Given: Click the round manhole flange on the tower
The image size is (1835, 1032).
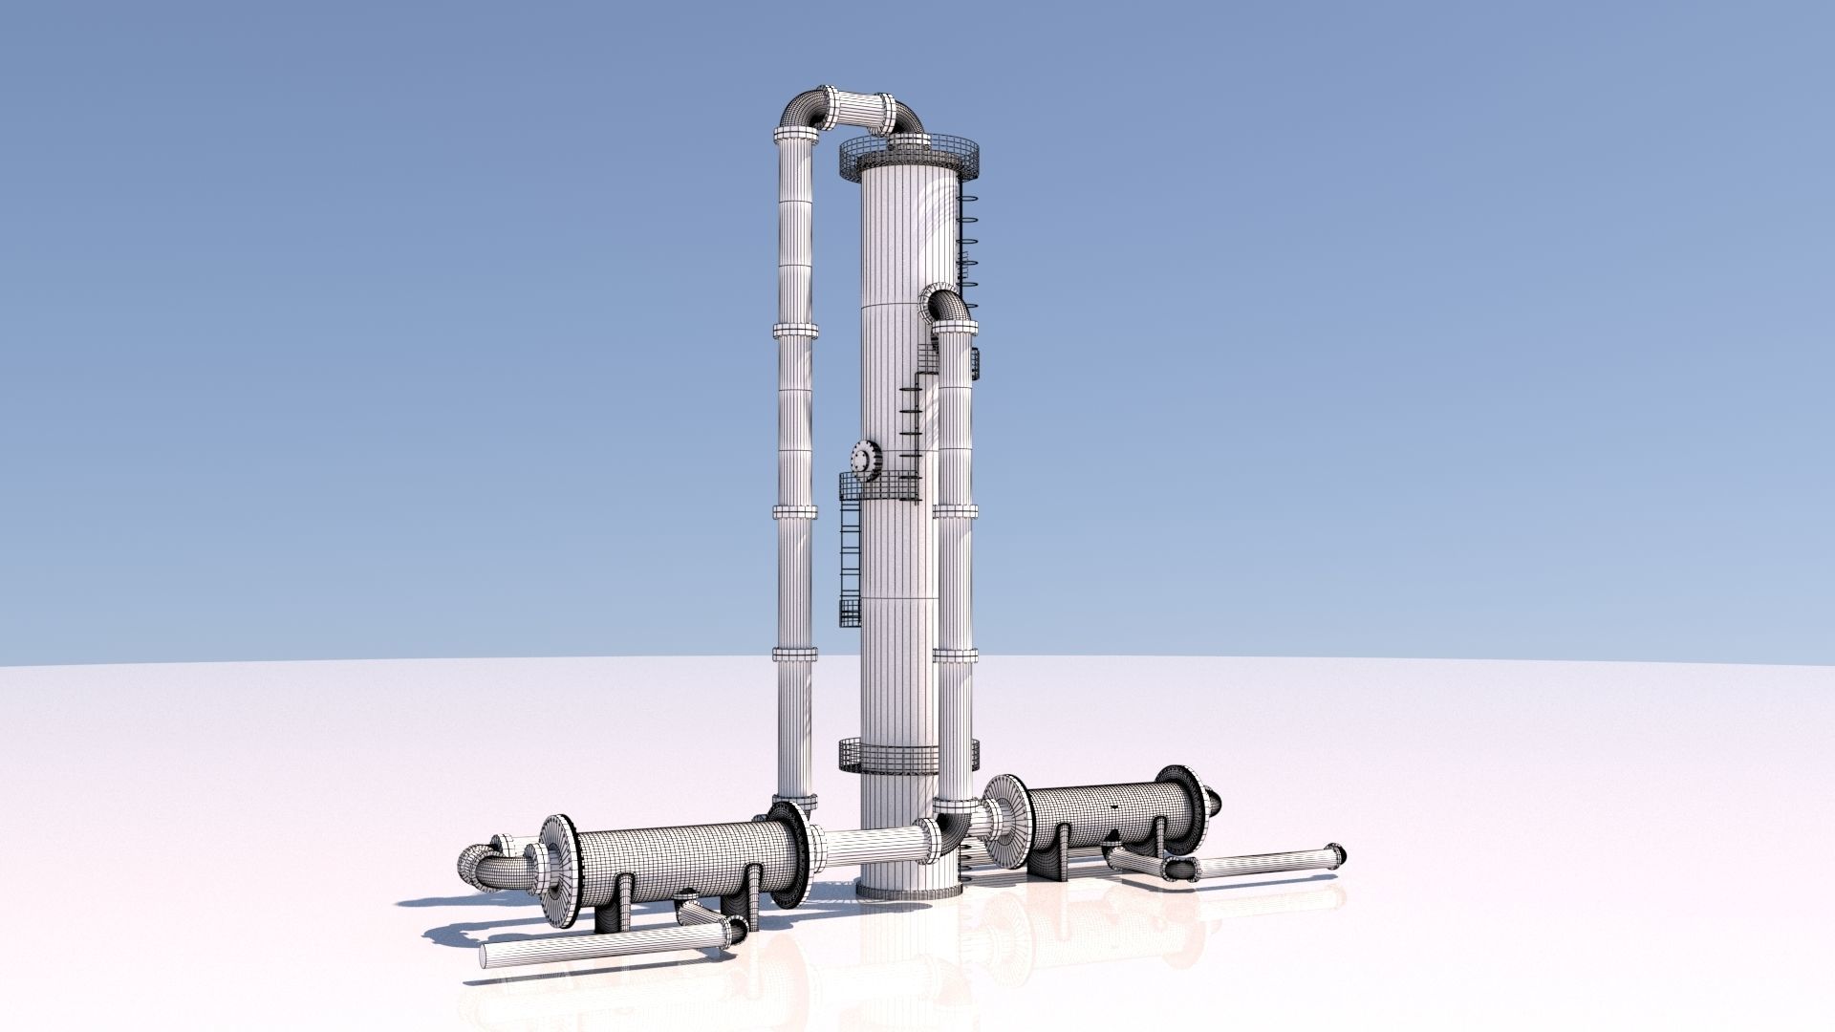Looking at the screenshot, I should point(865,459).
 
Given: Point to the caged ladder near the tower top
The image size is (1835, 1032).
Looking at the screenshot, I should point(967,239).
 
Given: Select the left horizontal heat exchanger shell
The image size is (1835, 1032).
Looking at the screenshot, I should point(683,862).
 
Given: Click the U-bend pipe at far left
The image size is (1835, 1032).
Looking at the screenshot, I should point(487,868).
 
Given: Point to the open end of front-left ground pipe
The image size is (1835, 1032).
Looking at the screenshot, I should point(486,956).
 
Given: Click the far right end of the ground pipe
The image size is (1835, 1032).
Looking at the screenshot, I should point(1335,855).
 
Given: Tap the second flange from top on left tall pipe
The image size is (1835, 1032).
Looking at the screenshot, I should point(795,331).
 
